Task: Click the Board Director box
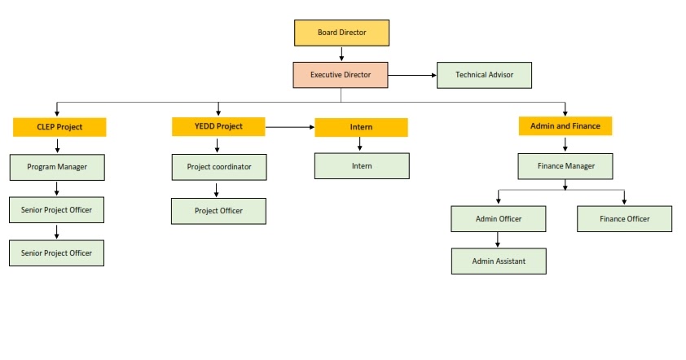coord(341,33)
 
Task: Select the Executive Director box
coord(340,75)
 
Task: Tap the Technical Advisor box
coord(484,75)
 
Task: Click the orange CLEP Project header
coord(59,127)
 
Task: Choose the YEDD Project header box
coord(218,126)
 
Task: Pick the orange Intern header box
coord(361,127)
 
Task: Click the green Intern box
coord(362,166)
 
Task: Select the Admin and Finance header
coord(565,126)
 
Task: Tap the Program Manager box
coord(57,167)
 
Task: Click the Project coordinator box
coord(218,167)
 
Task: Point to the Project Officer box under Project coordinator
coord(218,211)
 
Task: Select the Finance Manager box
coord(565,166)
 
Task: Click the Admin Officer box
coord(498,219)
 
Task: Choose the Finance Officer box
coord(624,219)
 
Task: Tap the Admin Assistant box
coord(498,261)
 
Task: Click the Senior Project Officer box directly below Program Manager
coord(57,209)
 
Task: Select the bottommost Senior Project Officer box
coord(57,252)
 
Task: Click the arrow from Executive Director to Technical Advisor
coord(411,76)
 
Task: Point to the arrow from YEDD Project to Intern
coord(290,127)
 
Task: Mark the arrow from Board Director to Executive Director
coord(341,54)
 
